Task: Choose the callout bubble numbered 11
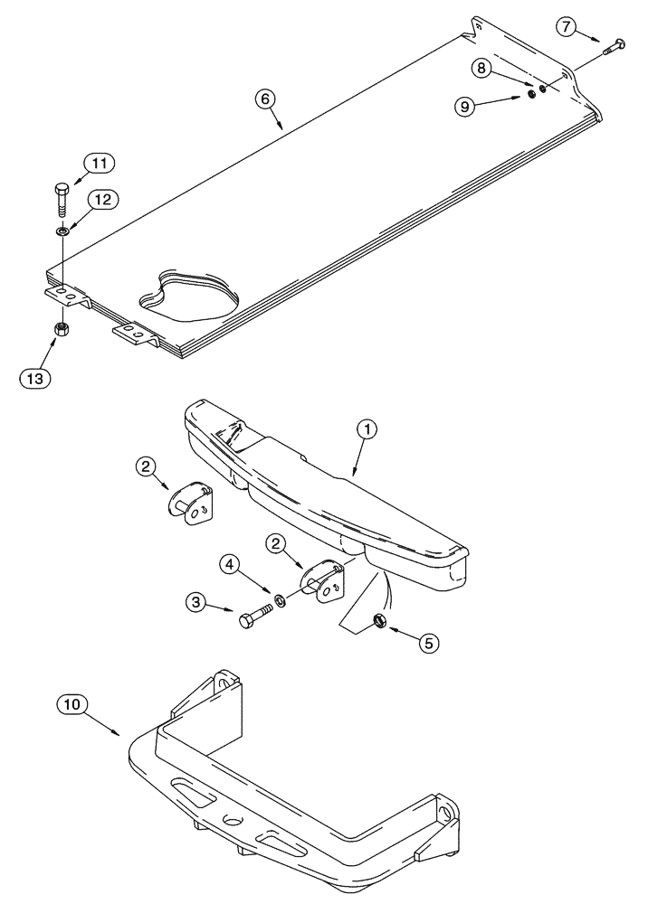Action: click(x=100, y=164)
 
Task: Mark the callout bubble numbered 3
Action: click(x=195, y=602)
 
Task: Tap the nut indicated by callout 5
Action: click(x=381, y=620)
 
